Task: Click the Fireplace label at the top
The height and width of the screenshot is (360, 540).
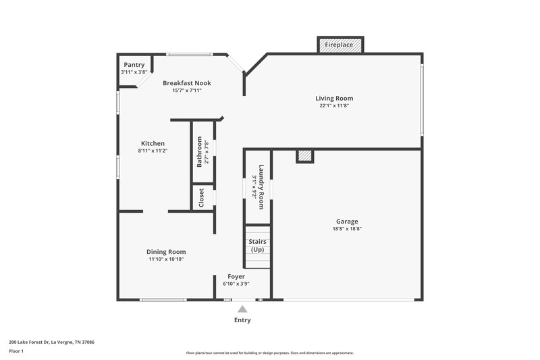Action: pos(340,45)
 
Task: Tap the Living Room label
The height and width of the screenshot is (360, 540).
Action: pos(336,98)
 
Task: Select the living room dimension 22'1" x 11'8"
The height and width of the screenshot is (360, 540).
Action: pos(336,105)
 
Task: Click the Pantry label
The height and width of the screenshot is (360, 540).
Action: pos(134,65)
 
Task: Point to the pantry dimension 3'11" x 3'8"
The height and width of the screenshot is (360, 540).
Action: pos(134,72)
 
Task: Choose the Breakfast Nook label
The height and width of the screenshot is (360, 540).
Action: pos(186,83)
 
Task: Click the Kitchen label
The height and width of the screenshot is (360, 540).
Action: pos(153,143)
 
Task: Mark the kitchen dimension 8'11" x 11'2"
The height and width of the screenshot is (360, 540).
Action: pos(153,151)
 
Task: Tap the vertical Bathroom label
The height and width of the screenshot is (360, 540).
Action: pos(200,152)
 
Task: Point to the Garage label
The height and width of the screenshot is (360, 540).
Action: pos(347,222)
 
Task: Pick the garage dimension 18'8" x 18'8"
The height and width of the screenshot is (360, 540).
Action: pos(347,229)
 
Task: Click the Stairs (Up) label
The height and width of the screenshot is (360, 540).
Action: pos(257,245)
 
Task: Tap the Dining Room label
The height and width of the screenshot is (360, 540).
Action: pos(167,252)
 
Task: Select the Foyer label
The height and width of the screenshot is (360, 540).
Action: pos(236,276)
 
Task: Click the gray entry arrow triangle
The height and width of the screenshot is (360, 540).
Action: pos(242,309)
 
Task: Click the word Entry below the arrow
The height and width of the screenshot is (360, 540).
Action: pos(242,320)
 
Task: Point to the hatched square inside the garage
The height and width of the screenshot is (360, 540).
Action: pos(305,156)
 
